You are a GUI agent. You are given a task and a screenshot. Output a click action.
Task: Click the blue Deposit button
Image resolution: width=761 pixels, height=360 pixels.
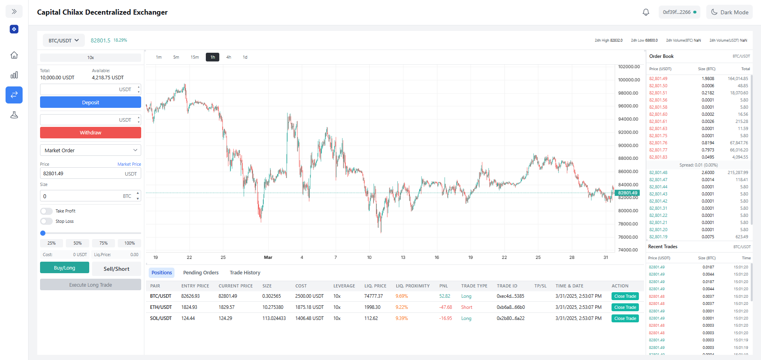[90, 102]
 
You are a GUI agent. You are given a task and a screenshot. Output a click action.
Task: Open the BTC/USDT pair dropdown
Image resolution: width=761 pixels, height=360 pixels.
[63, 40]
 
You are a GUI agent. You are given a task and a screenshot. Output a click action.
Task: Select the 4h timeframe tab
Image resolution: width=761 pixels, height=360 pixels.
[228, 57]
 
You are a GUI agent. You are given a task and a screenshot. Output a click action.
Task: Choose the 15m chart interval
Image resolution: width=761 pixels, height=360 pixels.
[194, 57]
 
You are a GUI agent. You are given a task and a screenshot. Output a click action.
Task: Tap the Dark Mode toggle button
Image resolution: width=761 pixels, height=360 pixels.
[729, 12]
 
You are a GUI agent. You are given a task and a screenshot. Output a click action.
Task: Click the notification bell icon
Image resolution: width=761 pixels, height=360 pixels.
[646, 12]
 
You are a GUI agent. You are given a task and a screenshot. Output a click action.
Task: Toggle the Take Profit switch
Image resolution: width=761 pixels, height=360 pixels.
[46, 211]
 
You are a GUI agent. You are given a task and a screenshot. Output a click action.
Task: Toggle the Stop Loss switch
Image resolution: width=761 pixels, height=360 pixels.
[46, 221]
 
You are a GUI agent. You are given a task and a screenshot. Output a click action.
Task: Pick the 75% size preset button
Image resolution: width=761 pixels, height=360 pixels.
[104, 243]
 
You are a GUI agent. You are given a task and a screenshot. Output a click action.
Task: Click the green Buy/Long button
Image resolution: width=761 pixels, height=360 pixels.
[65, 268]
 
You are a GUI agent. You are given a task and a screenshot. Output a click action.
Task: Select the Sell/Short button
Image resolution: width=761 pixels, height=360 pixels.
[116, 269]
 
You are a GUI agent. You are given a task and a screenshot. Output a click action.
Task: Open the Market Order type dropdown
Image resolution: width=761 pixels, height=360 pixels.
[90, 150]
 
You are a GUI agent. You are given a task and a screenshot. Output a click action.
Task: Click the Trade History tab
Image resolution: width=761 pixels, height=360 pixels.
[245, 273]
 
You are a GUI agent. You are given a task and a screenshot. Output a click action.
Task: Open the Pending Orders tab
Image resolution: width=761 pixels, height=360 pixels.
[201, 273]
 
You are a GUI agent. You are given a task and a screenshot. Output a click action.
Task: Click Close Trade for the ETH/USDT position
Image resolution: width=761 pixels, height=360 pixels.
[625, 307]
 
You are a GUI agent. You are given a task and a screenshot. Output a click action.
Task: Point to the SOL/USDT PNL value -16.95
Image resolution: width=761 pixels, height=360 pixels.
[445, 318]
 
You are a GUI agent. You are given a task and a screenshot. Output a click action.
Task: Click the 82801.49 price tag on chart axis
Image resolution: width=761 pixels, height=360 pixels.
[627, 193]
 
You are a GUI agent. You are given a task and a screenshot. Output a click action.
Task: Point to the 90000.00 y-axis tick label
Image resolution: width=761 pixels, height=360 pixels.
[628, 146]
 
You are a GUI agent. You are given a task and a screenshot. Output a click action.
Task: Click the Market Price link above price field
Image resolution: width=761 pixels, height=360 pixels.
[129, 164]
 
